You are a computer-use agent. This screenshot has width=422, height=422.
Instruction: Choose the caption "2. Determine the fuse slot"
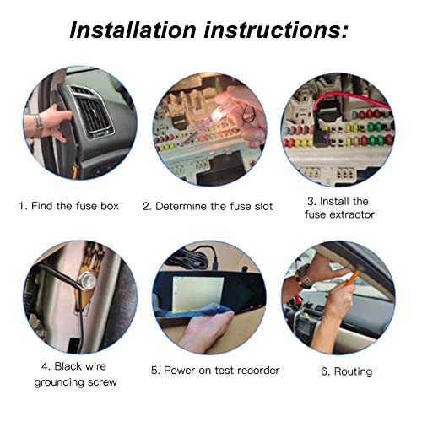[x=208, y=206]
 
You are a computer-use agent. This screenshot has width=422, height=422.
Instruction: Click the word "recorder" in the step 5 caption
[x=253, y=370]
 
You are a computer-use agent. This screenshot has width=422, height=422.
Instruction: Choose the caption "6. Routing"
[x=347, y=371]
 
